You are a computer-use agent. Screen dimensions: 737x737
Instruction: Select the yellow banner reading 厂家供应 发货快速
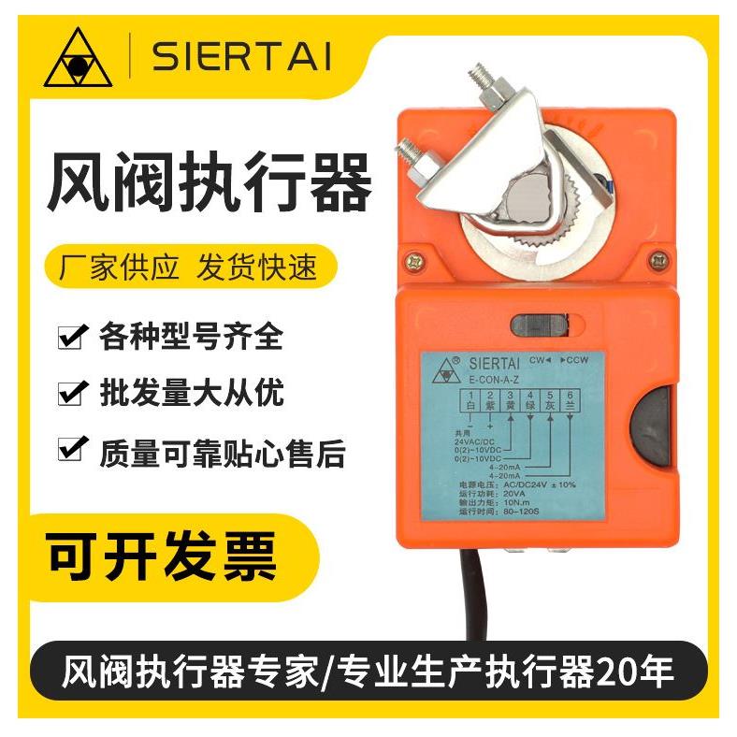pos(191,267)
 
